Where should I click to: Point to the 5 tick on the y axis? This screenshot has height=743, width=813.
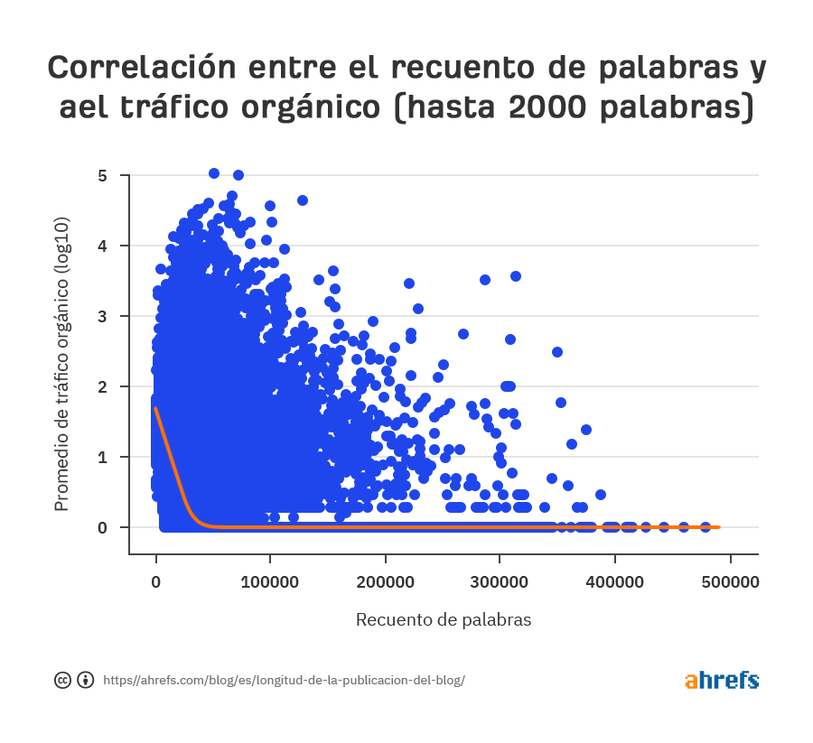[102, 175]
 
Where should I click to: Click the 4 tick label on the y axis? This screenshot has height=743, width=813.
[102, 246]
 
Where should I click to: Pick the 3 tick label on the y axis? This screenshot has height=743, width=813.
[102, 316]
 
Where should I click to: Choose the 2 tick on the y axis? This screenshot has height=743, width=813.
[102, 386]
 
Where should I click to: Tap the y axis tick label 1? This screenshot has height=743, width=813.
[102, 457]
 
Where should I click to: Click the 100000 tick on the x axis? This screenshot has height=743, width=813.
[271, 582]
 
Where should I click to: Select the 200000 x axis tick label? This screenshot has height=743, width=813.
[386, 582]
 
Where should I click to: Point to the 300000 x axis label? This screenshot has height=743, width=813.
[500, 582]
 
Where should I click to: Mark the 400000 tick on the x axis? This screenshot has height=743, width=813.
[615, 582]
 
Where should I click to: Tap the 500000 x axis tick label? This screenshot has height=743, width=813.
[730, 582]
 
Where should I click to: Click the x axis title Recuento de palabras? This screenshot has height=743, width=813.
[443, 619]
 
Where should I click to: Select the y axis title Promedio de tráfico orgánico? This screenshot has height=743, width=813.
[61, 364]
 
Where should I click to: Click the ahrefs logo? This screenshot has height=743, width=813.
[721, 680]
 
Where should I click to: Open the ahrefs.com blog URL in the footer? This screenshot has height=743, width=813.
[284, 680]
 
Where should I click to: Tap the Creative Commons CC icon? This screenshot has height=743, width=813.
[63, 680]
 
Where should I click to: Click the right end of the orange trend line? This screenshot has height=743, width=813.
[718, 526]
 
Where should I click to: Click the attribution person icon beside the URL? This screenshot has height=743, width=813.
[86, 680]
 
